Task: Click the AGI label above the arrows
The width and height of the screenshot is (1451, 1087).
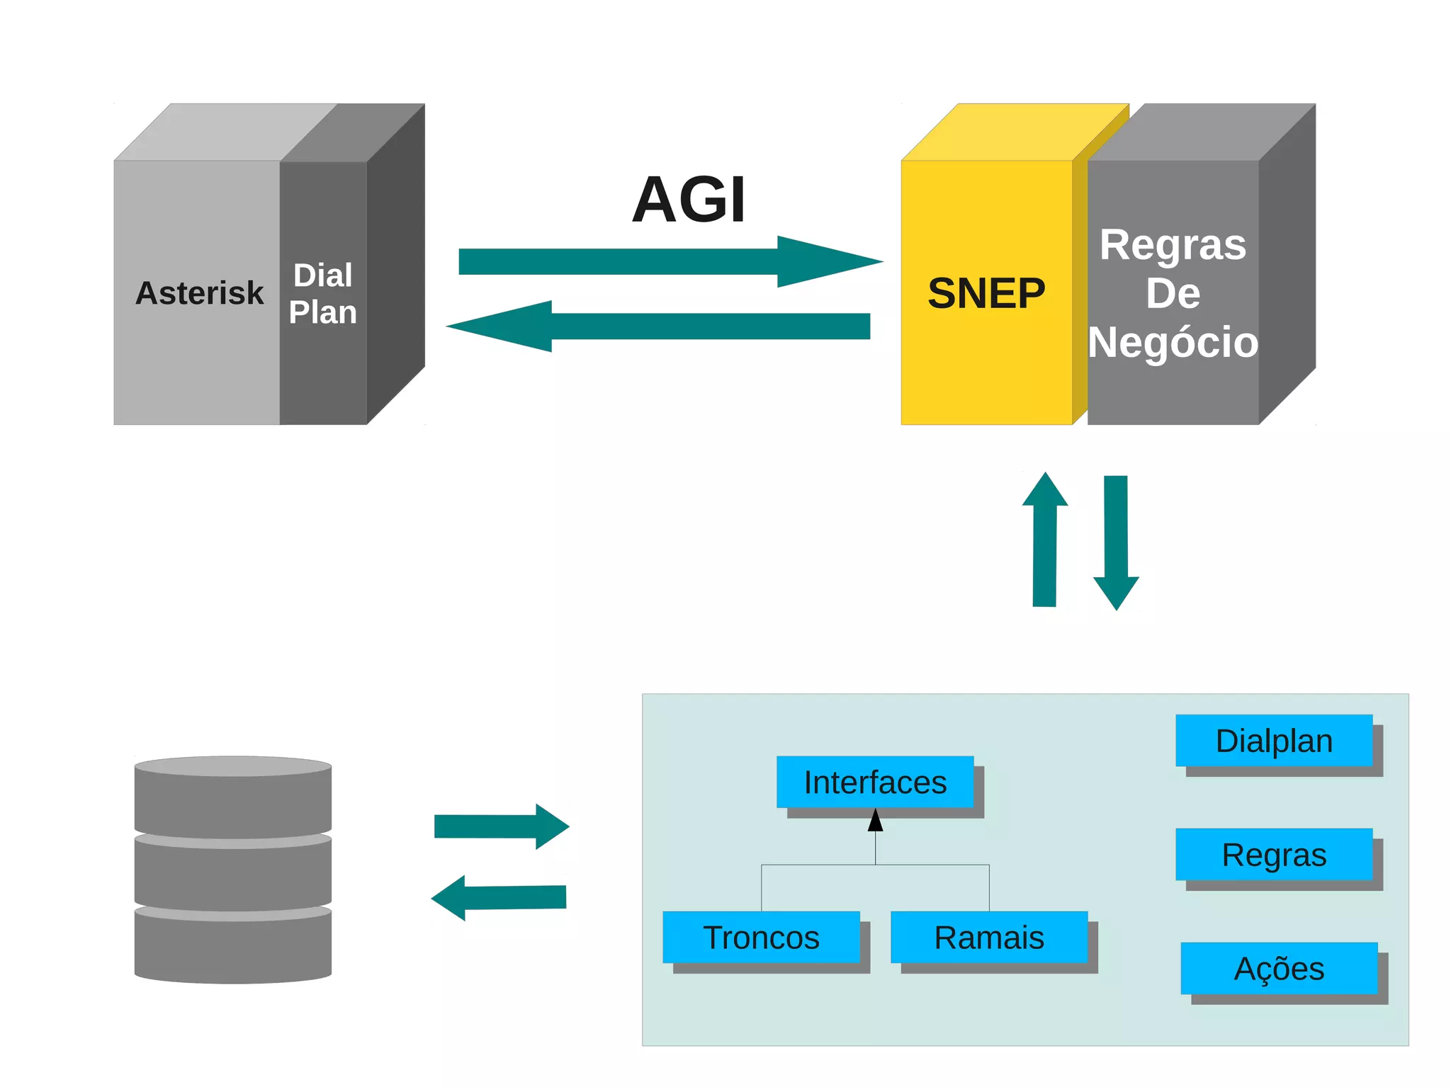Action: click(689, 200)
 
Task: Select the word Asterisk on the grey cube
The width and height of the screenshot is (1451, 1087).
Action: click(199, 293)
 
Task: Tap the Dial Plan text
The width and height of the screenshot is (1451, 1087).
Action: click(323, 294)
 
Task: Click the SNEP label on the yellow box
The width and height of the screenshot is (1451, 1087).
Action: click(986, 293)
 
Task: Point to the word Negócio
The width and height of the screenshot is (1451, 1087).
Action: click(1173, 342)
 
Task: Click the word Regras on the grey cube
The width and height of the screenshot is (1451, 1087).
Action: click(1173, 245)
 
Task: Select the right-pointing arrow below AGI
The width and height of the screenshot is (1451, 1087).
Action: click(666, 261)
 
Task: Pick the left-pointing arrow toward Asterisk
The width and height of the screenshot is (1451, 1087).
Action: click(659, 326)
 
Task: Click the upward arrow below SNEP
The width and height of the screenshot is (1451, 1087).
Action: click(1045, 542)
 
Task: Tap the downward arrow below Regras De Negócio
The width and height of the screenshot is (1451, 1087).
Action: click(1116, 542)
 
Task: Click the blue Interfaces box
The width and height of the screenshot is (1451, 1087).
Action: click(875, 782)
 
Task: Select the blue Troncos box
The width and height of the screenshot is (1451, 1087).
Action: click(761, 937)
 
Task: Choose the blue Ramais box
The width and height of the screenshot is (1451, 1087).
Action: click(989, 937)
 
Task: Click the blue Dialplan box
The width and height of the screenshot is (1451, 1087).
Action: click(1274, 741)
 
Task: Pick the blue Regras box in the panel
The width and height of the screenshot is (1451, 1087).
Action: click(1274, 854)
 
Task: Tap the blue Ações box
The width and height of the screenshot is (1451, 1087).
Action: click(1279, 968)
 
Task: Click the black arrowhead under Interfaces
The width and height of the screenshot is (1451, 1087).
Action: click(876, 821)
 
